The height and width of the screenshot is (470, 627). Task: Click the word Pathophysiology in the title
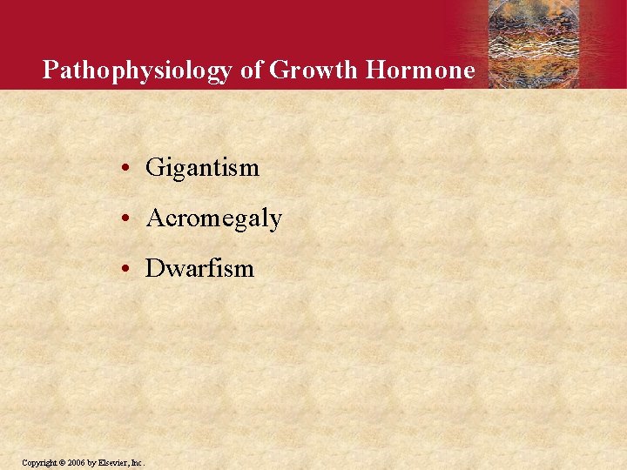138,70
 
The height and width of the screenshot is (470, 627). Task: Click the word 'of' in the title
252,70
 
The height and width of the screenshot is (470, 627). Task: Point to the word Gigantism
202,167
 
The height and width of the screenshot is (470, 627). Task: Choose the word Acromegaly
213,218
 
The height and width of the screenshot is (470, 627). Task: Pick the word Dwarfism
199,268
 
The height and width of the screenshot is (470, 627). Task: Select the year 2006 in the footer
75,461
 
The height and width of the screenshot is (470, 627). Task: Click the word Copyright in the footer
39,461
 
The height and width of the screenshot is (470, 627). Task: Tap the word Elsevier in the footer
113,461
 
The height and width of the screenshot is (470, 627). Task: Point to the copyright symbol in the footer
61,461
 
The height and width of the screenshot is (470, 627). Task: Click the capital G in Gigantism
155,167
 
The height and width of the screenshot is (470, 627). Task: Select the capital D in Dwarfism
155,268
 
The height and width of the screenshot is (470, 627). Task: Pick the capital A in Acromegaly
156,218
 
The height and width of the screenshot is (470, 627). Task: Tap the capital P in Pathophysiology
51,70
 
